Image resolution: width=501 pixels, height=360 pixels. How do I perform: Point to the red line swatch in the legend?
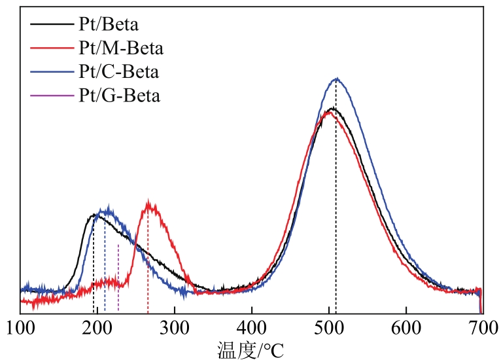click(50, 48)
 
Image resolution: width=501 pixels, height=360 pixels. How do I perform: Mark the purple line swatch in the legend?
click(50, 95)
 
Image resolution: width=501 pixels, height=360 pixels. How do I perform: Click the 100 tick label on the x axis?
click(20, 327)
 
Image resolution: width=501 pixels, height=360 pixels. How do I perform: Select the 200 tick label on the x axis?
click(97, 327)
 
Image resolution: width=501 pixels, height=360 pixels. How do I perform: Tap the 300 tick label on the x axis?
click(175, 327)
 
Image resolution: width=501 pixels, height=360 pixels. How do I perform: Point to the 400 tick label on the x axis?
click(252, 327)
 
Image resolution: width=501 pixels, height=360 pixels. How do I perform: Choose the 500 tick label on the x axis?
click(329, 327)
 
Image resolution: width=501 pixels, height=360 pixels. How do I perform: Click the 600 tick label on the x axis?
click(406, 327)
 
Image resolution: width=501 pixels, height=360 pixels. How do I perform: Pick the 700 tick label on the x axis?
click(482, 327)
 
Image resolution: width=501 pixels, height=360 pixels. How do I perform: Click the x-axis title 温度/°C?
click(250, 347)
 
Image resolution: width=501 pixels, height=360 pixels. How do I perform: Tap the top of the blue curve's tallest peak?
click(336, 79)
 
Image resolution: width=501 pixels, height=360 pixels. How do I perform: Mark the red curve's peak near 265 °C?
click(150, 203)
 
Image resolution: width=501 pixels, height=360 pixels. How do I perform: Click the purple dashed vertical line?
click(118, 275)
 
